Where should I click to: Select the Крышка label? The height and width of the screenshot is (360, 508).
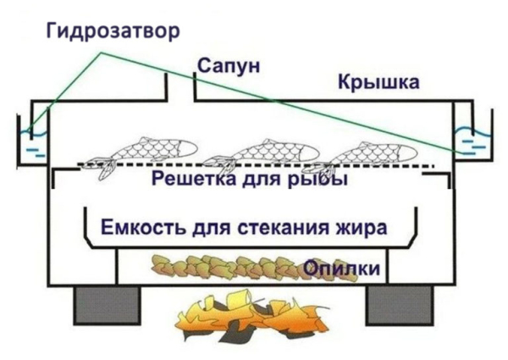(x=378, y=82)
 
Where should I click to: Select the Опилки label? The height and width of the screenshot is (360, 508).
(x=341, y=269)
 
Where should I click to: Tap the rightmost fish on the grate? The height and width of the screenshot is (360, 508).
(x=373, y=152)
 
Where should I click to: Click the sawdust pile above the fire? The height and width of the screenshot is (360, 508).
(x=229, y=268)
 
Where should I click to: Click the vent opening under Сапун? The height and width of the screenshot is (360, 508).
(x=180, y=85)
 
